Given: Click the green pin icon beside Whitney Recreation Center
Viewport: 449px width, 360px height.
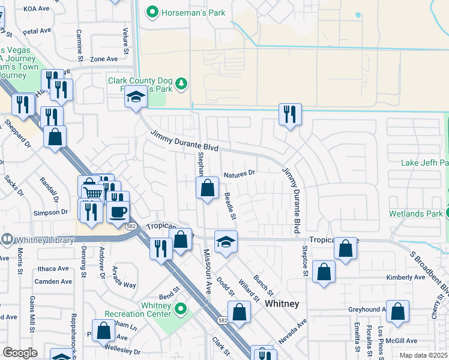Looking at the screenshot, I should tap(181, 310).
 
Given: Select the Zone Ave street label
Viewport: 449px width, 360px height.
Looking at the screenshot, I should tap(104, 59).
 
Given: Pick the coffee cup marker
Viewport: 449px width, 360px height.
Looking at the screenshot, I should tap(118, 211).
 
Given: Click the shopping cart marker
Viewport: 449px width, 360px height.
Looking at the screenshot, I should tap(92, 192).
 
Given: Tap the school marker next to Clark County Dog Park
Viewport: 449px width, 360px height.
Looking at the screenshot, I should tap(136, 97).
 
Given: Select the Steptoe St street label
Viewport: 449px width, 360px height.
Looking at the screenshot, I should tap(305, 262).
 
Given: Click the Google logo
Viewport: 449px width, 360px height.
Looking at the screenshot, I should tap(20, 353).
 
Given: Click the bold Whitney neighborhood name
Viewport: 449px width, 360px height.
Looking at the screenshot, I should tap(282, 304).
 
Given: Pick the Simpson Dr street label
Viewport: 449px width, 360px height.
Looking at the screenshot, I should tap(50, 212).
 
